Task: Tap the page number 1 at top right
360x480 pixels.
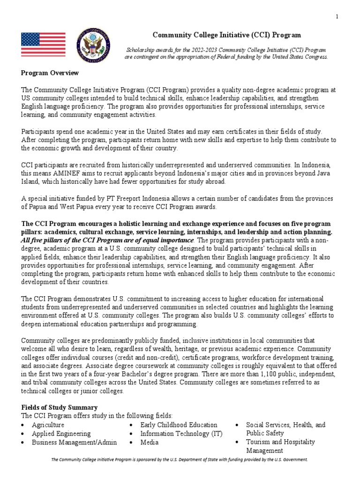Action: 337,17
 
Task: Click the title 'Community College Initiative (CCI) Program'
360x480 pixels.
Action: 227,35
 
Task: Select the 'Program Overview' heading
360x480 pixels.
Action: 50,73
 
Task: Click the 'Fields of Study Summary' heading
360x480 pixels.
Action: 59,407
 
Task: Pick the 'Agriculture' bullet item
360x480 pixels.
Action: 48,425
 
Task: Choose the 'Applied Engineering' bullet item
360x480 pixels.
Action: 61,434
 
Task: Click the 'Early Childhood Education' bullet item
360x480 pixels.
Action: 179,425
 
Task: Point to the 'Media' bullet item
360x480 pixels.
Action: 150,442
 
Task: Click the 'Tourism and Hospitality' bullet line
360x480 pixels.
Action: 281,442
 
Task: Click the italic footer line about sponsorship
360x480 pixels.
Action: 180,460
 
